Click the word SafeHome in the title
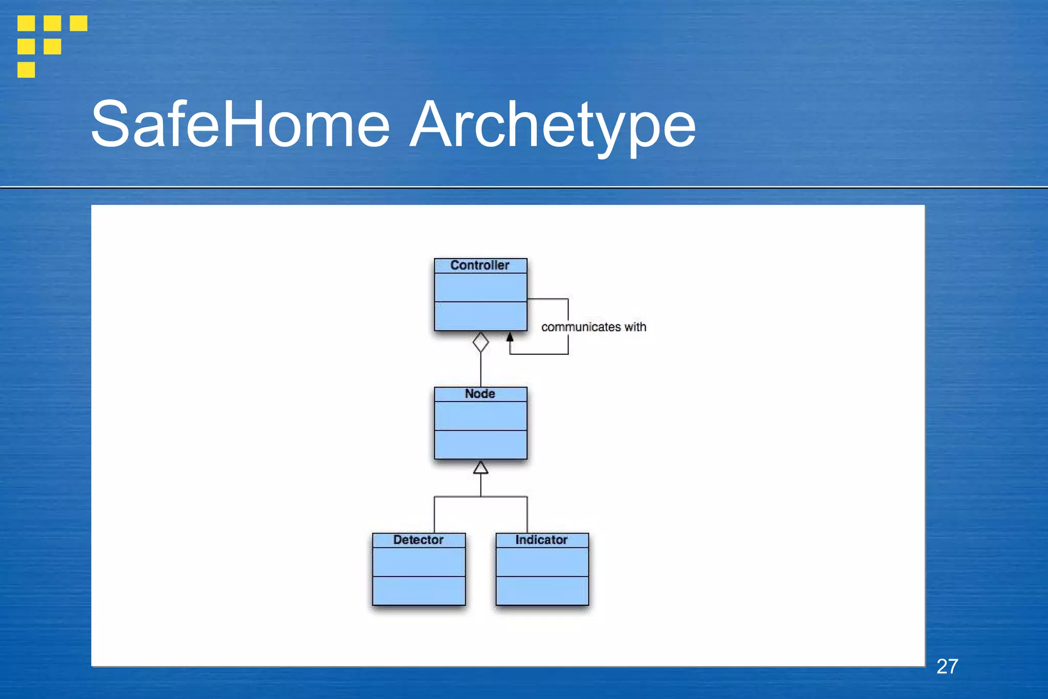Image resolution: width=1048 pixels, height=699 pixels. [241, 124]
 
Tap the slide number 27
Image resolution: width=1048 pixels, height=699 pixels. [947, 666]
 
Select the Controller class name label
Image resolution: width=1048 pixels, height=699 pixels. [479, 265]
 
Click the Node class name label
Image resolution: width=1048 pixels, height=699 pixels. [479, 394]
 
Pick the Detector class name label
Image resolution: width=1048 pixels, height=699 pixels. [418, 540]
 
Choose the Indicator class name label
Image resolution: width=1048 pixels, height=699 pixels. [541, 540]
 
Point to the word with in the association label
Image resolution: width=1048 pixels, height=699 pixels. [635, 327]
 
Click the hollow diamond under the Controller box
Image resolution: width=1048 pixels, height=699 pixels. [481, 342]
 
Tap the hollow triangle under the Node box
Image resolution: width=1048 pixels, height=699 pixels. [481, 468]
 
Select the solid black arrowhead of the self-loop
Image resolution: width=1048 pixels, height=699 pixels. [510, 337]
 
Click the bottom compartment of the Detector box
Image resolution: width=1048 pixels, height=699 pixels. [419, 590]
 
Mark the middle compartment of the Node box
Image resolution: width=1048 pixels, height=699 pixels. [480, 416]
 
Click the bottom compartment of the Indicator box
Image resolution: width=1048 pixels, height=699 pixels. [542, 590]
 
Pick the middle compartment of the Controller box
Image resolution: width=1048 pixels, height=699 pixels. [480, 287]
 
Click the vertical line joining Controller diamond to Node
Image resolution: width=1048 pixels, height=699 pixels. [481, 370]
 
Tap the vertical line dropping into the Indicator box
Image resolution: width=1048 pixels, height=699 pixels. [527, 515]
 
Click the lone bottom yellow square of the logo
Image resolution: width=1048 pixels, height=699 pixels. [26, 70]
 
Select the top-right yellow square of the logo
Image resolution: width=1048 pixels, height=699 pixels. [78, 23]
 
